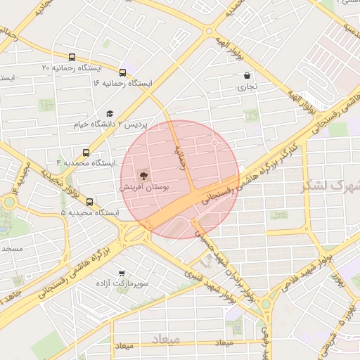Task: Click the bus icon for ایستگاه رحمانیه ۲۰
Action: pyautogui.click(x=72, y=58)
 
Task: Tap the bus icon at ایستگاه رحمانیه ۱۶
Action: pyautogui.click(x=123, y=72)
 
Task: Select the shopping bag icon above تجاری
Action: pyautogui.click(x=247, y=75)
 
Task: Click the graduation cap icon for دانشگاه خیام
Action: pyautogui.click(x=109, y=114)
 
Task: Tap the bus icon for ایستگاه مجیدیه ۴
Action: pyautogui.click(x=86, y=153)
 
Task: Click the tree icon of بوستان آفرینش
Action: pyautogui.click(x=144, y=175)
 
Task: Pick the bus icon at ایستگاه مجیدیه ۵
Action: pyautogui.click(x=89, y=202)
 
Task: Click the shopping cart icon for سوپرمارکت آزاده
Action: pyautogui.click(x=122, y=272)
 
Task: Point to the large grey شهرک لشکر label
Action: pyautogui.click(x=330, y=186)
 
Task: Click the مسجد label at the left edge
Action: pyautogui.click(x=12, y=249)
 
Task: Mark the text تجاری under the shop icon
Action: pyautogui.click(x=247, y=88)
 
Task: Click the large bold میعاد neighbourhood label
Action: pyautogui.click(x=166, y=339)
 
